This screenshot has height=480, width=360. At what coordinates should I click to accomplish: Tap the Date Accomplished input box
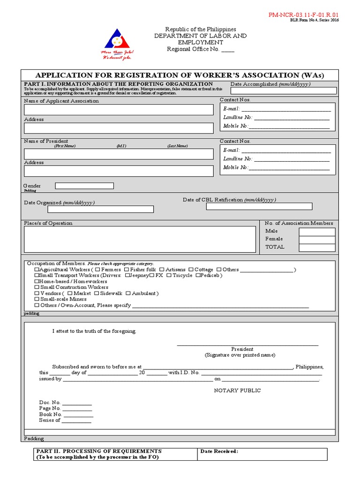click(283, 91)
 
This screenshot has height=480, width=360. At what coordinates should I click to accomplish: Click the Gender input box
click(84, 186)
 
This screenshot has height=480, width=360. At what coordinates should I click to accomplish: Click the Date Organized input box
click(100, 210)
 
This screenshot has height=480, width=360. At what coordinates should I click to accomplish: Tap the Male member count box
click(317, 232)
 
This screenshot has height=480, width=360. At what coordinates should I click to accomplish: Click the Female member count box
click(317, 240)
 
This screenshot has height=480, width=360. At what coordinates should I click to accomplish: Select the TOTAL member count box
click(317, 247)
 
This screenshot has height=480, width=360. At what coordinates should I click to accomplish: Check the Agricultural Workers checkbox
click(37, 270)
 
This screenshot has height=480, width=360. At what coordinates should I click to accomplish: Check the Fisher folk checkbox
click(127, 270)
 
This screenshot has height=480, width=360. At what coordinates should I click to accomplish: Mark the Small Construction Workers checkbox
click(37, 287)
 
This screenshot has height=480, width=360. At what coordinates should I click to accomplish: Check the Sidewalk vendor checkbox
click(97, 293)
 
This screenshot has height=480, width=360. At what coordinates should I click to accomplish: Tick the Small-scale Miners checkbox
click(37, 299)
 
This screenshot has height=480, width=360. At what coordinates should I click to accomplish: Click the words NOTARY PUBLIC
click(237, 390)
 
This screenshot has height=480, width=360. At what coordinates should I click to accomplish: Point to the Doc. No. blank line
click(77, 403)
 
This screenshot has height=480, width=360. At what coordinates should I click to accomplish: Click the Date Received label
click(219, 451)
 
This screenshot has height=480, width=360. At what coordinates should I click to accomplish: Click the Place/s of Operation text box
click(139, 240)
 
